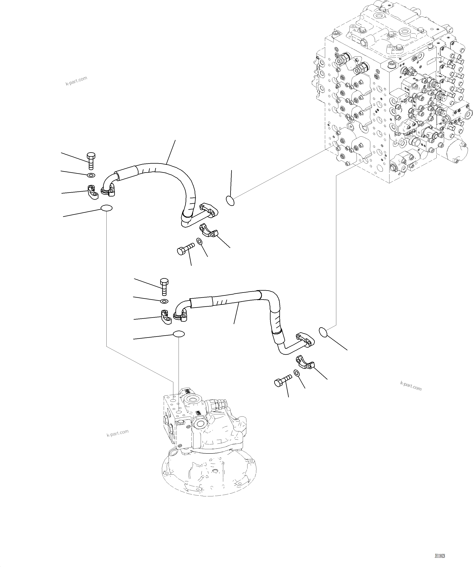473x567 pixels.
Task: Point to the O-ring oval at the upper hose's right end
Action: pyautogui.click(x=230, y=201)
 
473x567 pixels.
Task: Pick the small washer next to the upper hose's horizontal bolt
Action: pyautogui.click(x=199, y=241)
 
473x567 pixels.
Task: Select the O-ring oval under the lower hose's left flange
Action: pyautogui.click(x=179, y=334)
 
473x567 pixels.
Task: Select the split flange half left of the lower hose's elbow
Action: pyautogui.click(x=166, y=317)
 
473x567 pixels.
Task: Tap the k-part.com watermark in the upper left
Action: pyautogui.click(x=76, y=81)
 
